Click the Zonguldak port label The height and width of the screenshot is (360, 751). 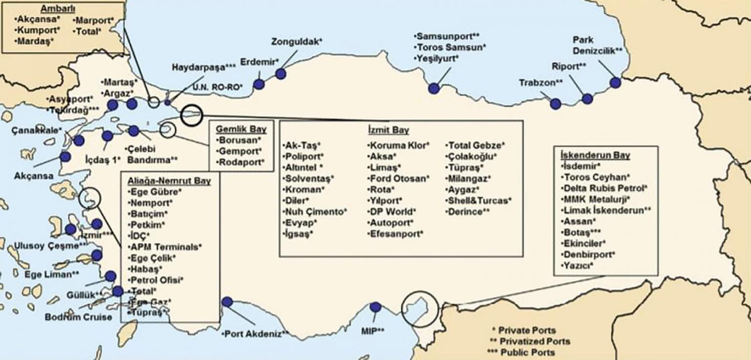coord(297,42)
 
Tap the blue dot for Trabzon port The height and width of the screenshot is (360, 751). coord(555,104)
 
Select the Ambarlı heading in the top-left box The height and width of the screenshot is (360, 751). coord(54,9)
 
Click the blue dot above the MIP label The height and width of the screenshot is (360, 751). coord(375,307)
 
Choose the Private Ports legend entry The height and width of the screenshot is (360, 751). coord(523,331)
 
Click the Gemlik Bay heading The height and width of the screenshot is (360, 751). coord(242,130)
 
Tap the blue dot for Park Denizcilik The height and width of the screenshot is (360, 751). coord(615,83)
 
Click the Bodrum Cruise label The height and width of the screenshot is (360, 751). coord(78,317)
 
